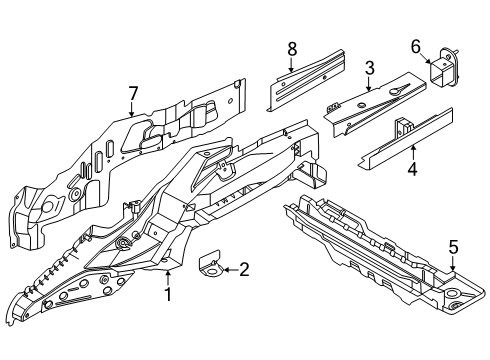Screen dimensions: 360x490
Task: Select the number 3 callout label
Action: (369, 68)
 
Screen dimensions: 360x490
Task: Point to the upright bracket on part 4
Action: (405, 128)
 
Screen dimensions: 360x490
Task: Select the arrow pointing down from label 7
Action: (131, 109)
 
